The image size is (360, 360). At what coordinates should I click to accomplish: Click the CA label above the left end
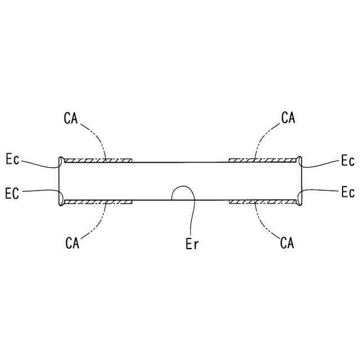pos(72,118)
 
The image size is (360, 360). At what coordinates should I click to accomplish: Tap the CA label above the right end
pos(287,118)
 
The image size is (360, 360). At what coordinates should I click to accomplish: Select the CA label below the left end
pos(72,243)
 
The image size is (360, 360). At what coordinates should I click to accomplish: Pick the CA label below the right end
pos(287,243)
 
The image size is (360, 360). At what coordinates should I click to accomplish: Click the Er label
pos(192,244)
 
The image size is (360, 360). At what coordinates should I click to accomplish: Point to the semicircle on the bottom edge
pos(183,193)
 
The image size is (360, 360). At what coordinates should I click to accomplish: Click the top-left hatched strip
pos(98,161)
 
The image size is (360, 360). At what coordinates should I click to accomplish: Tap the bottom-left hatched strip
pos(98,201)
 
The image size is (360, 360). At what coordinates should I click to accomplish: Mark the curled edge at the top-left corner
pos(61,162)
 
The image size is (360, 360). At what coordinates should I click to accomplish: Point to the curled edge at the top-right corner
pos(300,162)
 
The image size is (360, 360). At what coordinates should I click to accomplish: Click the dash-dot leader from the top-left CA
pos(97,138)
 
